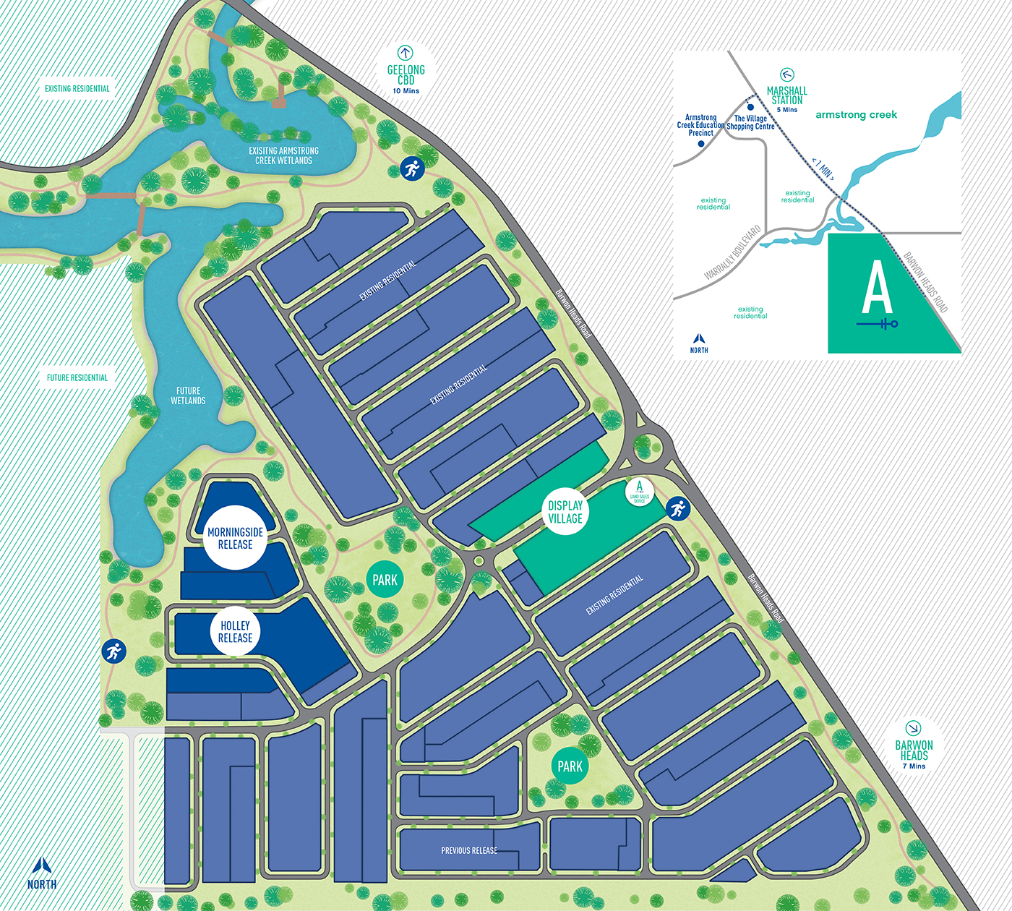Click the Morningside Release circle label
(x=235, y=538)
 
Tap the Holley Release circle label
(x=235, y=631)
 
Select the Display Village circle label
(x=565, y=512)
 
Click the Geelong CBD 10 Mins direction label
(x=406, y=75)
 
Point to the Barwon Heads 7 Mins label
(x=914, y=750)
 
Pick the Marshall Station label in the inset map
(x=786, y=95)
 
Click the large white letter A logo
(x=877, y=288)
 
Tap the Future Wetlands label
(x=188, y=395)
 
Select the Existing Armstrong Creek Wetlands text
(x=283, y=155)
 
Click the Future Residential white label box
(x=77, y=377)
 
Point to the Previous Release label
(x=469, y=850)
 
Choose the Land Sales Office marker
(x=639, y=491)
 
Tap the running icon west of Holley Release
(x=113, y=651)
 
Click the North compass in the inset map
(x=699, y=343)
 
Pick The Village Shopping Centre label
(x=750, y=122)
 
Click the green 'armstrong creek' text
(x=856, y=114)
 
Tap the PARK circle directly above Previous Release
(x=570, y=766)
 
